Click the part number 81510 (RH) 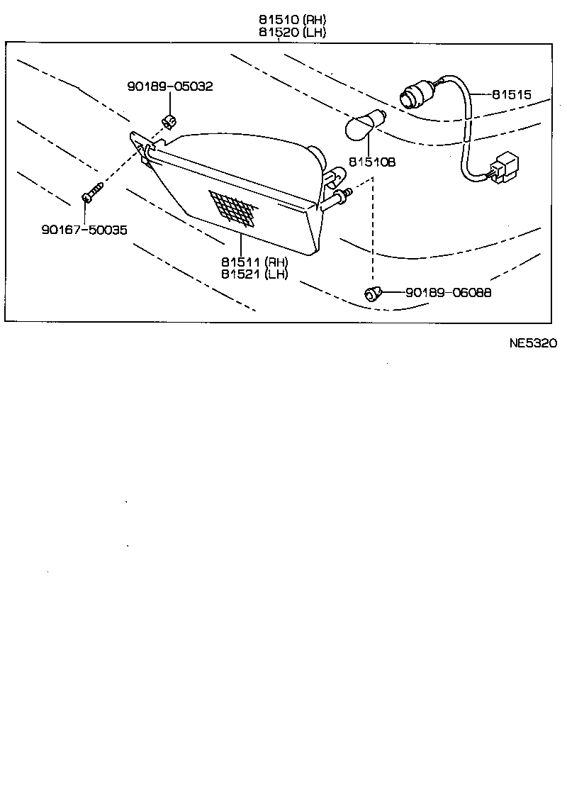click(x=292, y=20)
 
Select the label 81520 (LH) click(x=292, y=33)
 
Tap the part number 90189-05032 click(x=170, y=87)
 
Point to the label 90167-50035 click(x=85, y=230)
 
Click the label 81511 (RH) click(x=254, y=262)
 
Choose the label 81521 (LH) click(x=254, y=274)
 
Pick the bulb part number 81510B click(x=371, y=162)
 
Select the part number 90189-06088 click(x=448, y=292)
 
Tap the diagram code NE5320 click(x=533, y=343)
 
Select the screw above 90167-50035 click(x=93, y=191)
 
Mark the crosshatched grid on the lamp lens click(x=233, y=206)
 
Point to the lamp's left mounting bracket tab click(x=142, y=146)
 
